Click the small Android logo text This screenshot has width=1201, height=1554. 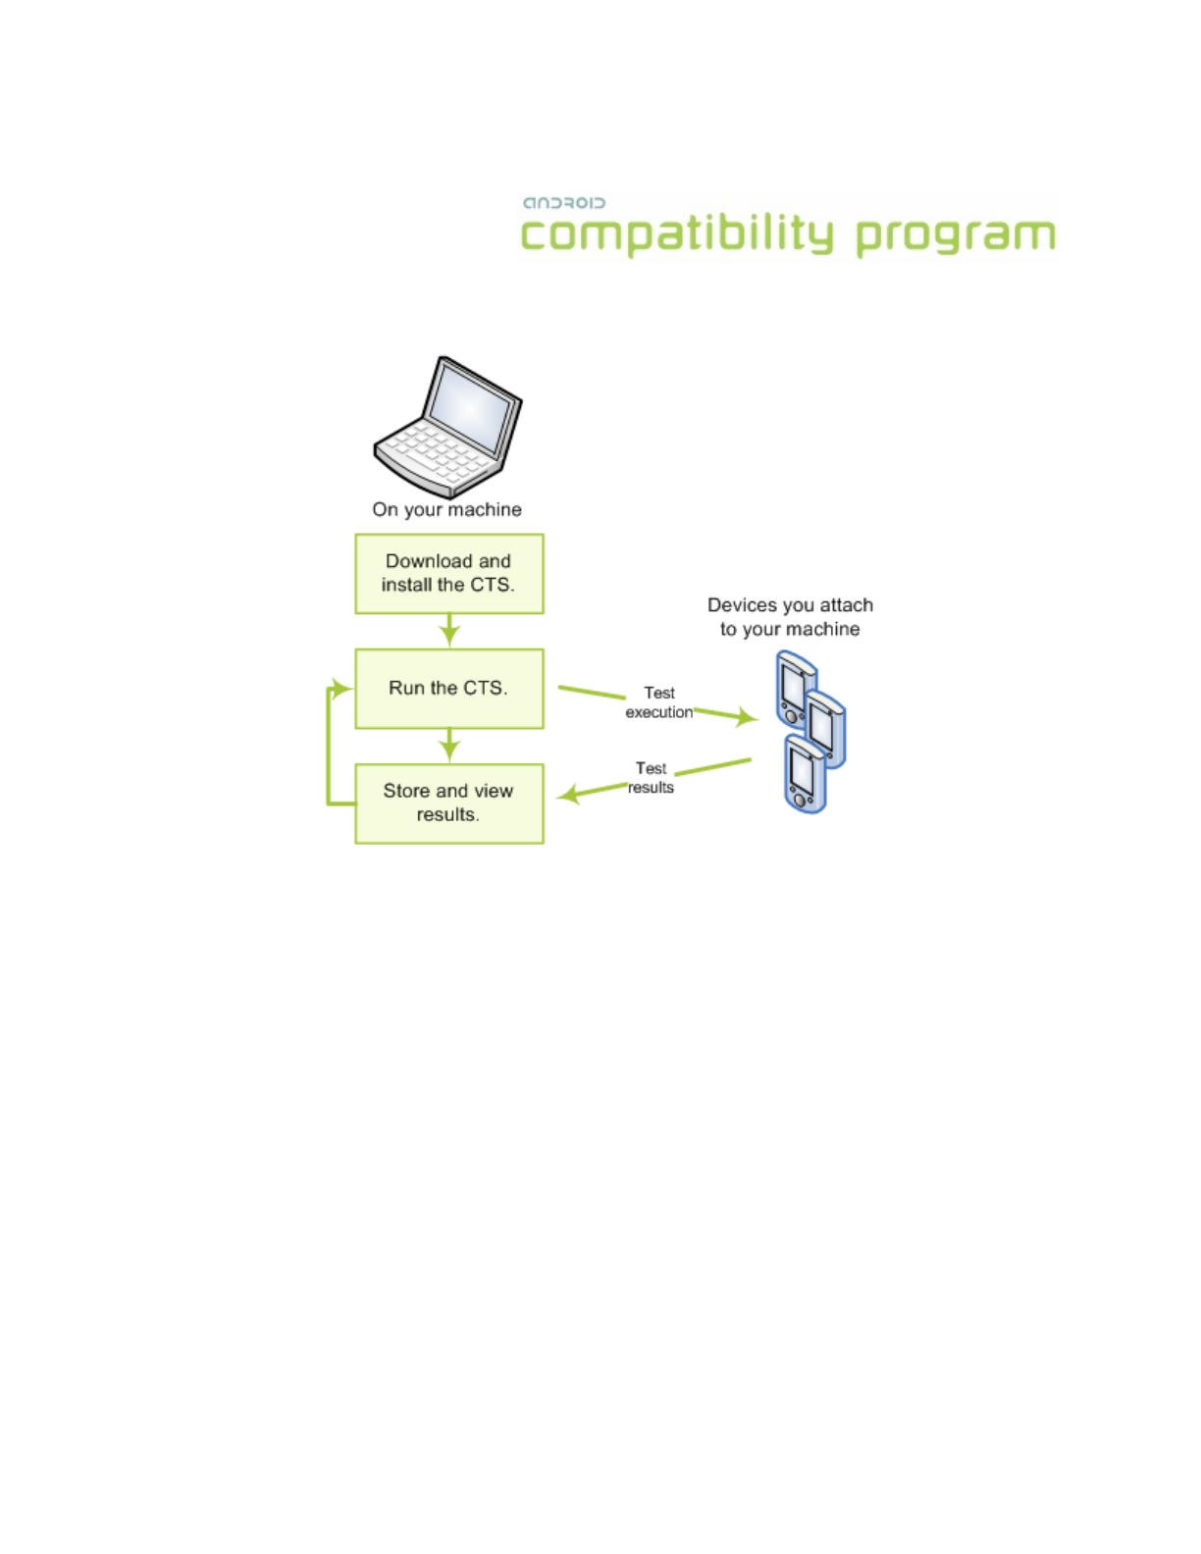563,203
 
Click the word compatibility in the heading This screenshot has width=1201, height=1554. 677,234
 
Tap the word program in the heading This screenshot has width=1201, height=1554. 956,237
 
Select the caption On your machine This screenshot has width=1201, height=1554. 446,509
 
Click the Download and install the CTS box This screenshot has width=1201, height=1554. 449,574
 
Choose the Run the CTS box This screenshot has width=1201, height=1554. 449,689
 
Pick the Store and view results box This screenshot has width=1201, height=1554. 449,803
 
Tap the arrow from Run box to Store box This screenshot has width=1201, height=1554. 449,746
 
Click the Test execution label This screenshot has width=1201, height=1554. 658,702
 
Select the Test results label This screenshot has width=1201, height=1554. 651,778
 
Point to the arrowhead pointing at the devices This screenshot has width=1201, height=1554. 747,716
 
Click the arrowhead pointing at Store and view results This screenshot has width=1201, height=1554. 568,795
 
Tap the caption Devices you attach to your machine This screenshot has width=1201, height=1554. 790,617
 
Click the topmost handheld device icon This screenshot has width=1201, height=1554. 795,688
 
